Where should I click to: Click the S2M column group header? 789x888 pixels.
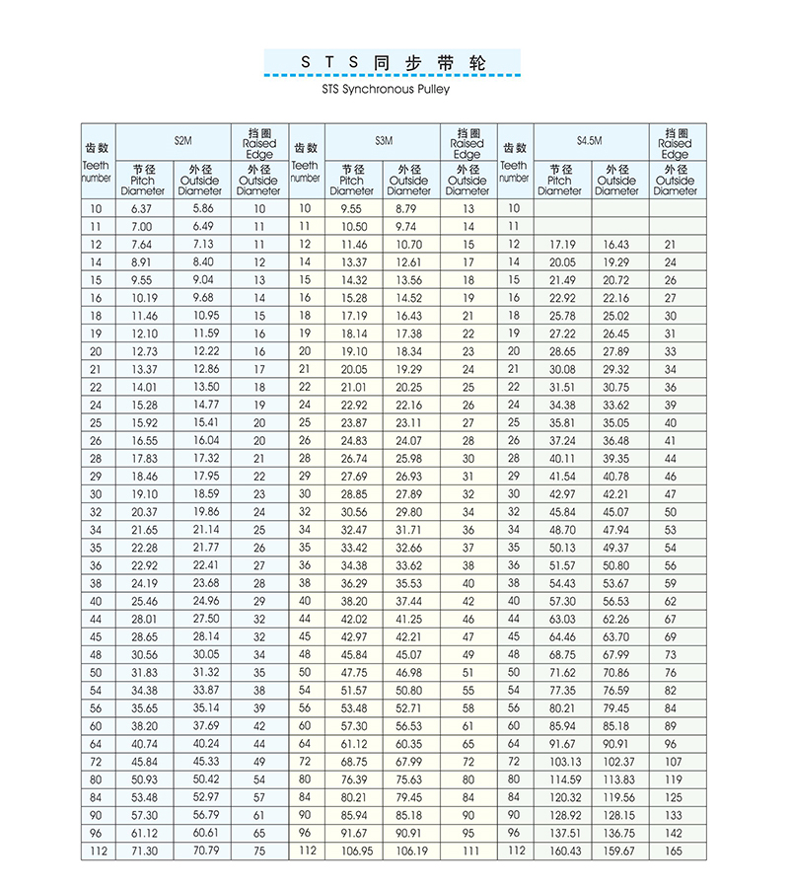click(182, 140)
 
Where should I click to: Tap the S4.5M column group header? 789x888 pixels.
click(589, 140)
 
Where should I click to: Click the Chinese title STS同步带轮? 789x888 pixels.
click(393, 61)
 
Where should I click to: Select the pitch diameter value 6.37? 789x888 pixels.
click(142, 208)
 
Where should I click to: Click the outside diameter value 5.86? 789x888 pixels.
click(202, 208)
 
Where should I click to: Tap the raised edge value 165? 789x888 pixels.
click(671, 851)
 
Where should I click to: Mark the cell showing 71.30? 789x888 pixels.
click(144, 851)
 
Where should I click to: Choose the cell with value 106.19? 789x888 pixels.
click(409, 851)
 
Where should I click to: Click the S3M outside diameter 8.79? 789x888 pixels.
click(407, 208)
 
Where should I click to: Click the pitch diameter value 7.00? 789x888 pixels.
click(142, 226)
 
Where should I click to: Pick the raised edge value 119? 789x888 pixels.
click(671, 779)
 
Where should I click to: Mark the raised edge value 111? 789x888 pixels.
click(468, 851)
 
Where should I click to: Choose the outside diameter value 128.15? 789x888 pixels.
click(618, 815)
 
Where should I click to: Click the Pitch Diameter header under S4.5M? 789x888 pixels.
click(559, 181)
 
